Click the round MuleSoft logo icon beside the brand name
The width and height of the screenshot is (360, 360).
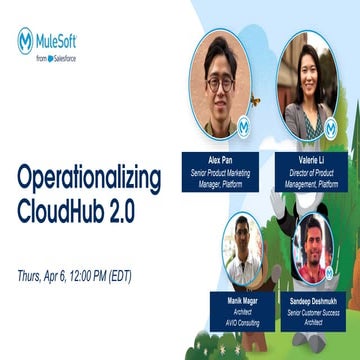tap(25, 40)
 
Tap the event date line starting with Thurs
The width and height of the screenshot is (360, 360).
tap(74, 275)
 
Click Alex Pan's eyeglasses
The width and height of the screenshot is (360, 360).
tap(219, 84)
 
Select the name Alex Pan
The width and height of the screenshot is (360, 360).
tap(219, 159)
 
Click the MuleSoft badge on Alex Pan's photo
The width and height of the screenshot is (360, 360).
tap(243, 128)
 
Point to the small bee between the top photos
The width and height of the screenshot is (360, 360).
tap(255, 101)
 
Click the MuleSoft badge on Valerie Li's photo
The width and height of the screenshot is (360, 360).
tap(331, 128)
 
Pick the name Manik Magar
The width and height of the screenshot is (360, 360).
tap(244, 300)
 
